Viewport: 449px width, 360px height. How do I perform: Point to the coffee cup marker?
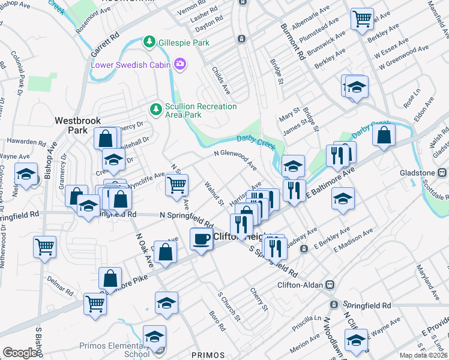pos(201,239)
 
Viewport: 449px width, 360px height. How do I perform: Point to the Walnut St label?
pos(214,192)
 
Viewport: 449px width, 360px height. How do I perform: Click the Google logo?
pos(20,353)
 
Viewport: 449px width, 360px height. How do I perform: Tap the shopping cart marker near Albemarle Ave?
pos(363,19)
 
